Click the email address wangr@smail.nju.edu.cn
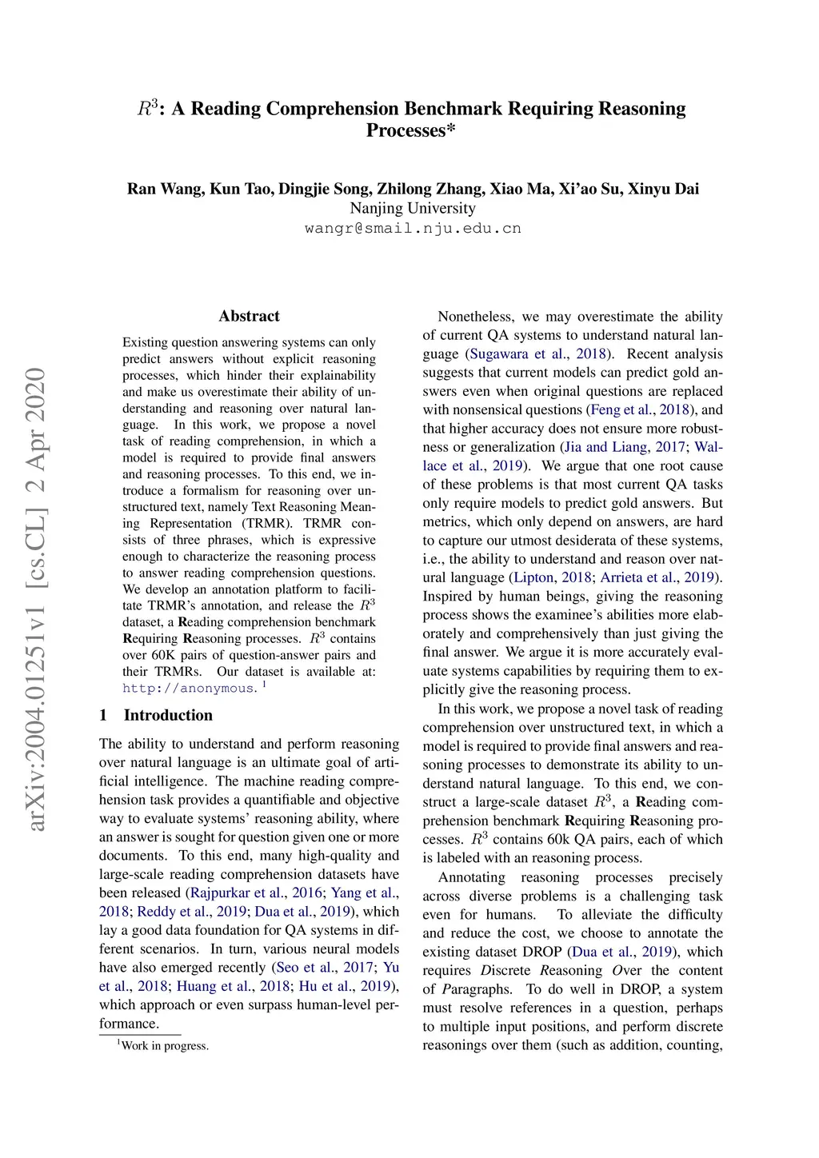tap(413, 228)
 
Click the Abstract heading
tap(249, 316)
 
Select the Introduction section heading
tap(167, 715)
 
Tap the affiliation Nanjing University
tap(413, 208)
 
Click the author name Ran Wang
tap(164, 189)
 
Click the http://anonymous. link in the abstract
tap(190, 689)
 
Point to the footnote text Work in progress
tap(165, 1045)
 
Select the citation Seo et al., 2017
tap(325, 968)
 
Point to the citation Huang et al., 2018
tap(233, 986)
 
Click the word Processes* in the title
tap(411, 130)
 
